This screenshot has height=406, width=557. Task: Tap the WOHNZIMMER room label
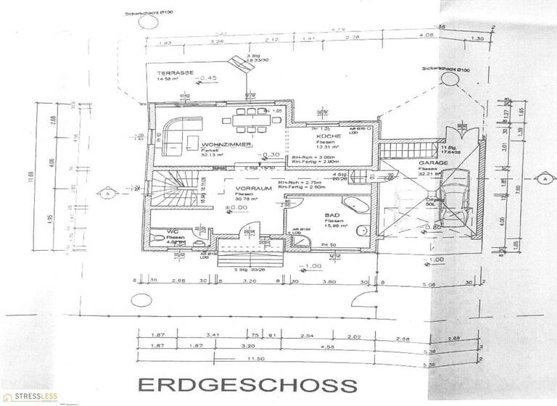(x=227, y=146)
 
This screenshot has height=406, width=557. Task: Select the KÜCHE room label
(x=324, y=136)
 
